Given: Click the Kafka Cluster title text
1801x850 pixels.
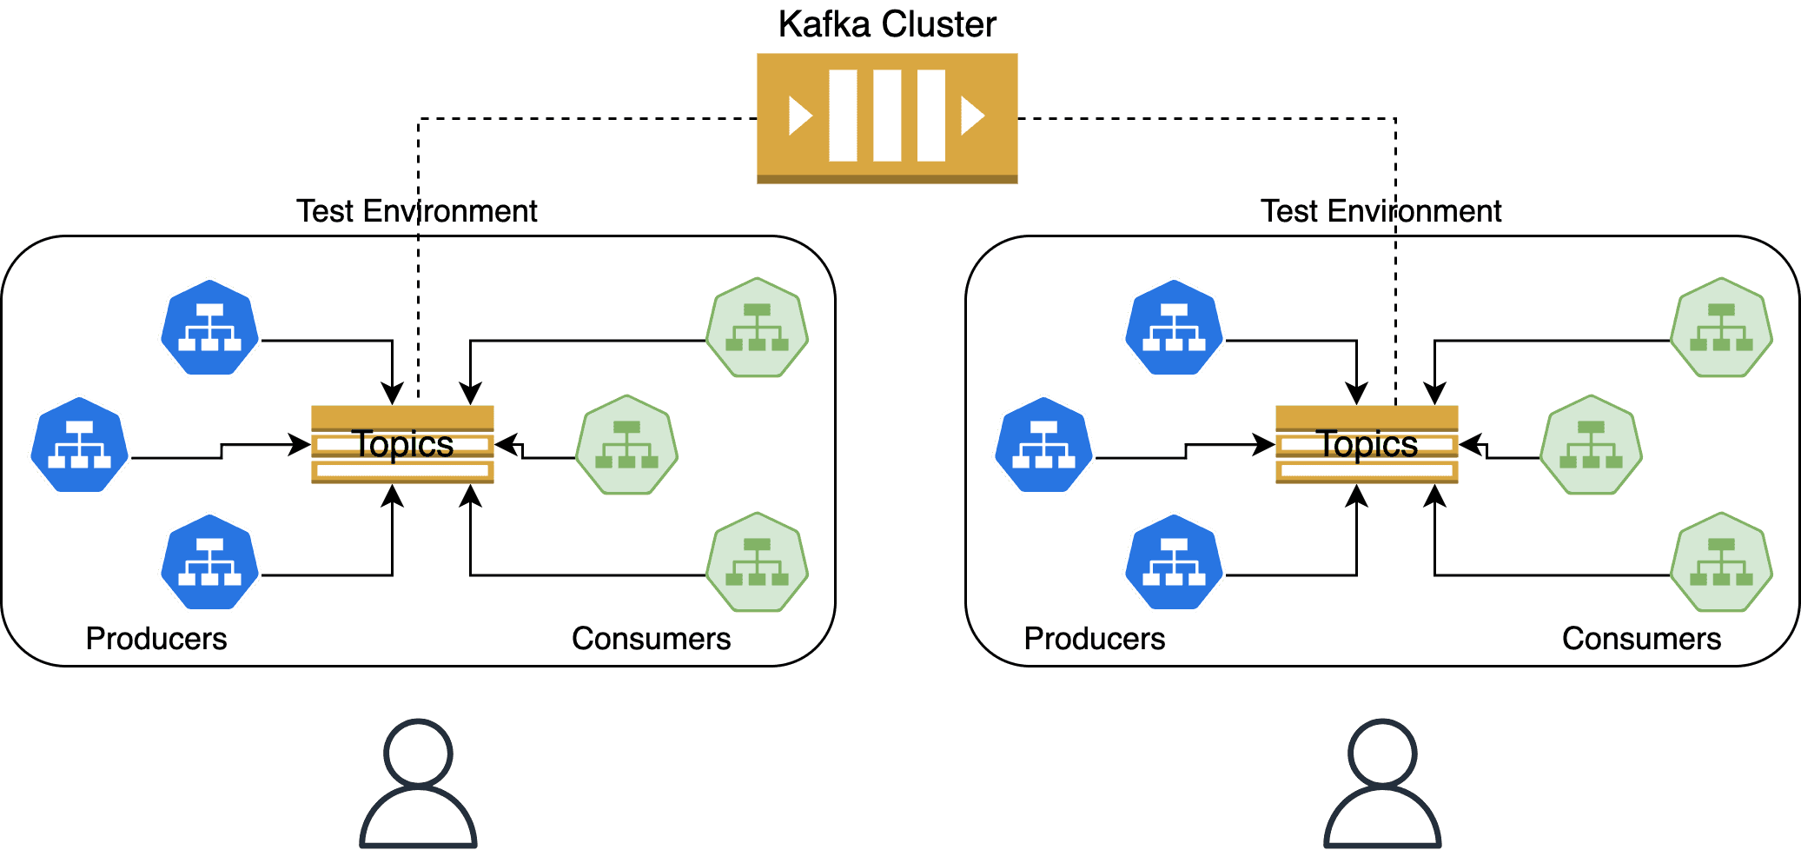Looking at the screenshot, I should click(886, 24).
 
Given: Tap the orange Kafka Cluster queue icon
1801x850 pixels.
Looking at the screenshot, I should click(886, 117).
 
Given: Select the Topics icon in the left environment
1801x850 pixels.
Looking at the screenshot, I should click(402, 444).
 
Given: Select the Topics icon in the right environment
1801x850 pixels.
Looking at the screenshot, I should click(1367, 444).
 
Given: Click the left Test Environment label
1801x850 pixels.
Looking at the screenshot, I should click(416, 211).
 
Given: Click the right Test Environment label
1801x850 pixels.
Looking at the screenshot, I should click(1381, 211).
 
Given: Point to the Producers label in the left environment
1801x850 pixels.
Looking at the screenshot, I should click(156, 639).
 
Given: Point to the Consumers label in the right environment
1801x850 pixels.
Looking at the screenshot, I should click(1641, 639).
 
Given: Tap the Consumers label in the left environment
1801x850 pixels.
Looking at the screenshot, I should click(651, 639).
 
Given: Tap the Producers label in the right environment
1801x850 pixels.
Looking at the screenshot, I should click(1095, 639).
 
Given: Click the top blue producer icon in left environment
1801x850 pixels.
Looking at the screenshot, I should click(209, 328).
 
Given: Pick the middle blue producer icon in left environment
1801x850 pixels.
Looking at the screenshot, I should click(79, 445).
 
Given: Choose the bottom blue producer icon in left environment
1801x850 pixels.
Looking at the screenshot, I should click(209, 562).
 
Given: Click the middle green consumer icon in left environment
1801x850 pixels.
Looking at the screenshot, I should click(626, 445).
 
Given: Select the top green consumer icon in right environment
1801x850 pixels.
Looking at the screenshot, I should click(1721, 328).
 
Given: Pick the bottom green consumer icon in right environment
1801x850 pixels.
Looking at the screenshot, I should click(1721, 562).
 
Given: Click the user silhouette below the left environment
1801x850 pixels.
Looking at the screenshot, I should click(418, 784).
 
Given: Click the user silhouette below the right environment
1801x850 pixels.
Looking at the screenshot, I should click(1382, 784).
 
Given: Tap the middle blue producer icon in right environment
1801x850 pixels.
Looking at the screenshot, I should click(1043, 445).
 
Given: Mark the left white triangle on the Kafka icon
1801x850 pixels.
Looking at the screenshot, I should click(798, 116).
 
